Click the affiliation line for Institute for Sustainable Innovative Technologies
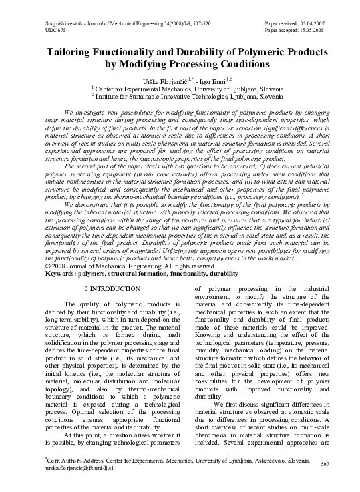pos(179,95)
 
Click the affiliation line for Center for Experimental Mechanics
pos(179,87)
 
